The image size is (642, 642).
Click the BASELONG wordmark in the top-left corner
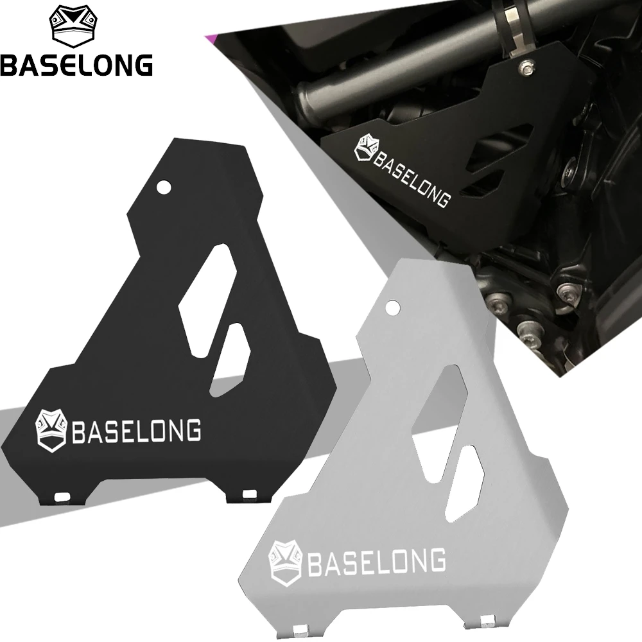tap(76, 65)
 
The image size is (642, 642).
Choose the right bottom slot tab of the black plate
tap(249, 493)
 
